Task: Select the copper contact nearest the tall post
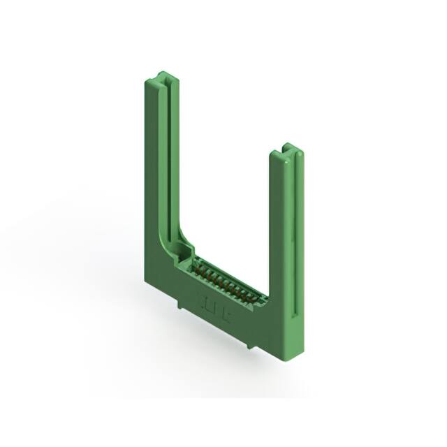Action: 196,264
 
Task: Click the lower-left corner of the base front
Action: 147,281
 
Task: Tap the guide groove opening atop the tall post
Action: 166,78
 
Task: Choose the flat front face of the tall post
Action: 155,175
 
